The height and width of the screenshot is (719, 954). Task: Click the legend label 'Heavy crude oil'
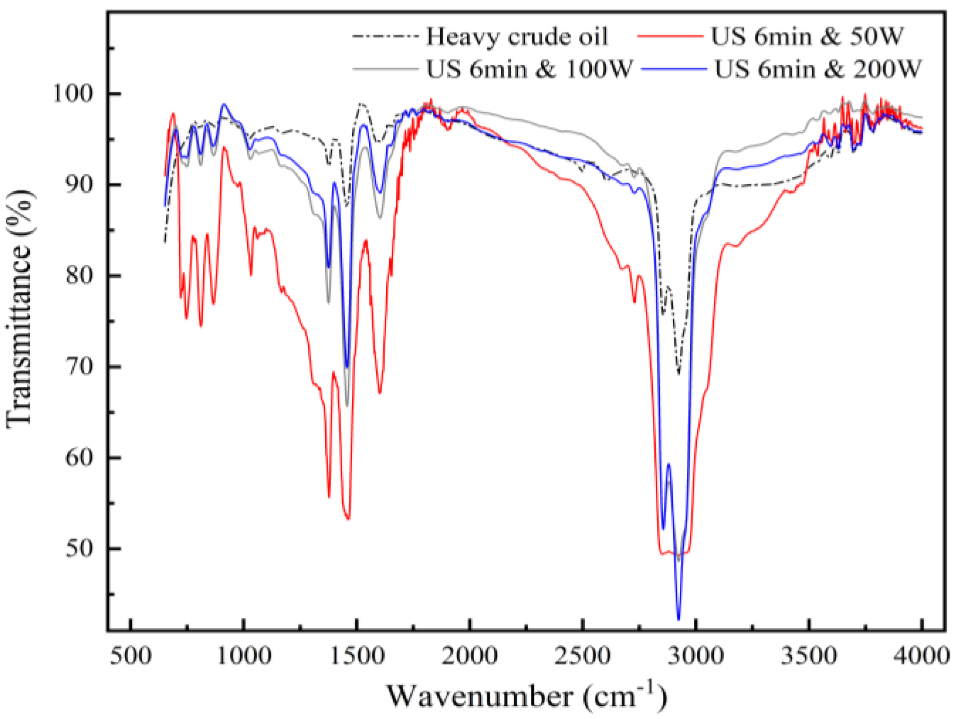517,37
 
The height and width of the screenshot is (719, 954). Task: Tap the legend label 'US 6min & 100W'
529,69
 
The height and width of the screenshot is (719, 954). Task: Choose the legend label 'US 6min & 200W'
817,69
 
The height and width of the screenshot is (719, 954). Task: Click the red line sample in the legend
670,36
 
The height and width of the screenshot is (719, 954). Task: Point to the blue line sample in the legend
674,69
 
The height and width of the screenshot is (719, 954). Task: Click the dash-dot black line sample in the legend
385,36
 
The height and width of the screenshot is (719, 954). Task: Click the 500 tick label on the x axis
130,656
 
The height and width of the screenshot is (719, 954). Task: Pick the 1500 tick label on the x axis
356,656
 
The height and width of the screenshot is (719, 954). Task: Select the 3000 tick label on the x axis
695,656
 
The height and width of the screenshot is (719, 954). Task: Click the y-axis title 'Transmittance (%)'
20,309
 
